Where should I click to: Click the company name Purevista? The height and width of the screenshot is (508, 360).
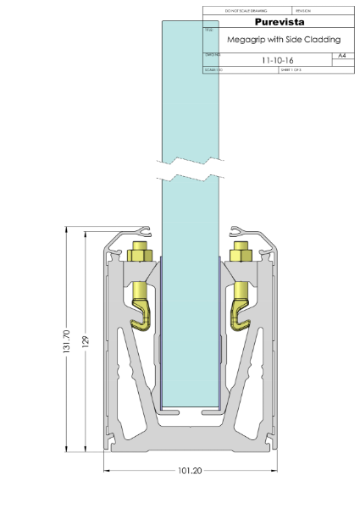coord(278,21)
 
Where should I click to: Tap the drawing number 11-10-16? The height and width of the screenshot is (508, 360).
coord(277,61)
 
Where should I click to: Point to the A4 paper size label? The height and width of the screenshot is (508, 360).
coord(341,54)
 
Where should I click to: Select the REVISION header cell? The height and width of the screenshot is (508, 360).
coord(305,10)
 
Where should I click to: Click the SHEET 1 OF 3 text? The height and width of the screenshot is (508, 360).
coord(291,70)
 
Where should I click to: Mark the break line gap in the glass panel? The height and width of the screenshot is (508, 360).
coord(190,168)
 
